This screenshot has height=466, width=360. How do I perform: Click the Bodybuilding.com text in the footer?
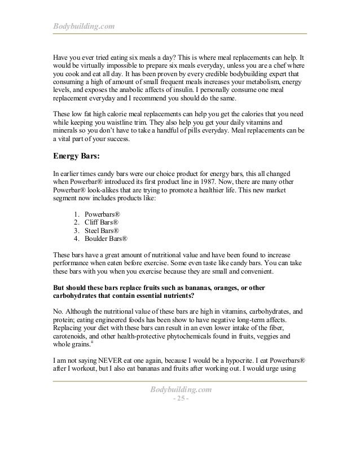pyautogui.click(x=180, y=390)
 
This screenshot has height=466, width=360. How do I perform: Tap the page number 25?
pyautogui.click(x=179, y=400)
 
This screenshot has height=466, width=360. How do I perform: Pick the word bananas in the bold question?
pyautogui.click(x=214, y=288)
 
